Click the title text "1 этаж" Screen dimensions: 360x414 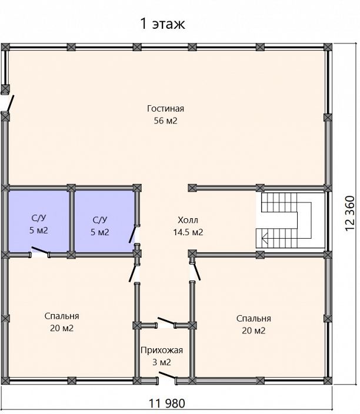click(163, 24)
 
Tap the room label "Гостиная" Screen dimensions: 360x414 click(165, 108)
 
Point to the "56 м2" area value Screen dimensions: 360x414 click(165, 121)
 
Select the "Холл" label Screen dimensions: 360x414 click(188, 220)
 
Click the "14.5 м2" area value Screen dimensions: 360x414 click(188, 232)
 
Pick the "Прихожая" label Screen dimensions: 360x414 click(162, 350)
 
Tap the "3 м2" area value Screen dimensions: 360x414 click(162, 362)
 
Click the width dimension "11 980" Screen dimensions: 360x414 click(167, 403)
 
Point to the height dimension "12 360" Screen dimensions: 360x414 click(349, 213)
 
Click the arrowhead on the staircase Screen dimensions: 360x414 click(265, 238)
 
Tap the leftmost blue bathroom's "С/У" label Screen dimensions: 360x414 click(39, 218)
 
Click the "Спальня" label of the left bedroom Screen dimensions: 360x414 click(62, 316)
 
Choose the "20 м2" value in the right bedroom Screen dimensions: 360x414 click(254, 330)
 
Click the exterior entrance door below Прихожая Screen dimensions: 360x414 click(167, 377)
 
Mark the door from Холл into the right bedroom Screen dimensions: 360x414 click(196, 271)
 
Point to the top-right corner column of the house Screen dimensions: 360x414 click(328, 47)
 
